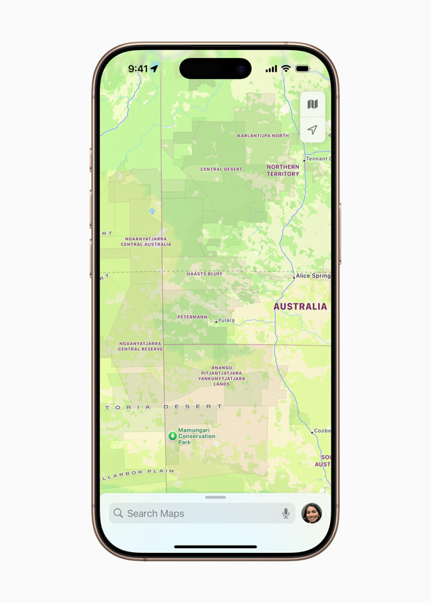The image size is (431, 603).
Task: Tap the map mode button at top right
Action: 313,104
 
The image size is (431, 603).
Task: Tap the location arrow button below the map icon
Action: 313,130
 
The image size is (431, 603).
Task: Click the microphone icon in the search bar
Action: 286,513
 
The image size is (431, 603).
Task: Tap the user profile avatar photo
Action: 312,513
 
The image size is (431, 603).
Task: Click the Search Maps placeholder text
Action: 155,513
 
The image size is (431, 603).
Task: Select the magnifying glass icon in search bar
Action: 118,513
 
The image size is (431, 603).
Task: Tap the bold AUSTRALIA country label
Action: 300,307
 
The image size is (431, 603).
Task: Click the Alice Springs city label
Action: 313,276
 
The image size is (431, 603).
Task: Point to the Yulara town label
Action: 226,321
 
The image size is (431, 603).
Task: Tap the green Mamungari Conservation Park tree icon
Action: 172,435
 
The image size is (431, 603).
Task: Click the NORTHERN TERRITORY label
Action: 282,170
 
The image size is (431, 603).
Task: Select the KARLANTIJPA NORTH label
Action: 263,136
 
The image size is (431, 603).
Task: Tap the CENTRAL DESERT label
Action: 221,170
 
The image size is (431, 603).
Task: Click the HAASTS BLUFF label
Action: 205,274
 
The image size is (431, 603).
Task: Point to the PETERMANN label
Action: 192,317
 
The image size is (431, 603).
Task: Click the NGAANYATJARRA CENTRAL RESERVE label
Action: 140,346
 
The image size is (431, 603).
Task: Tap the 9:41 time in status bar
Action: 138,69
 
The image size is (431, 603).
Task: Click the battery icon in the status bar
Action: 302,69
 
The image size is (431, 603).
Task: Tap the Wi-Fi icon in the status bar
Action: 286,69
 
